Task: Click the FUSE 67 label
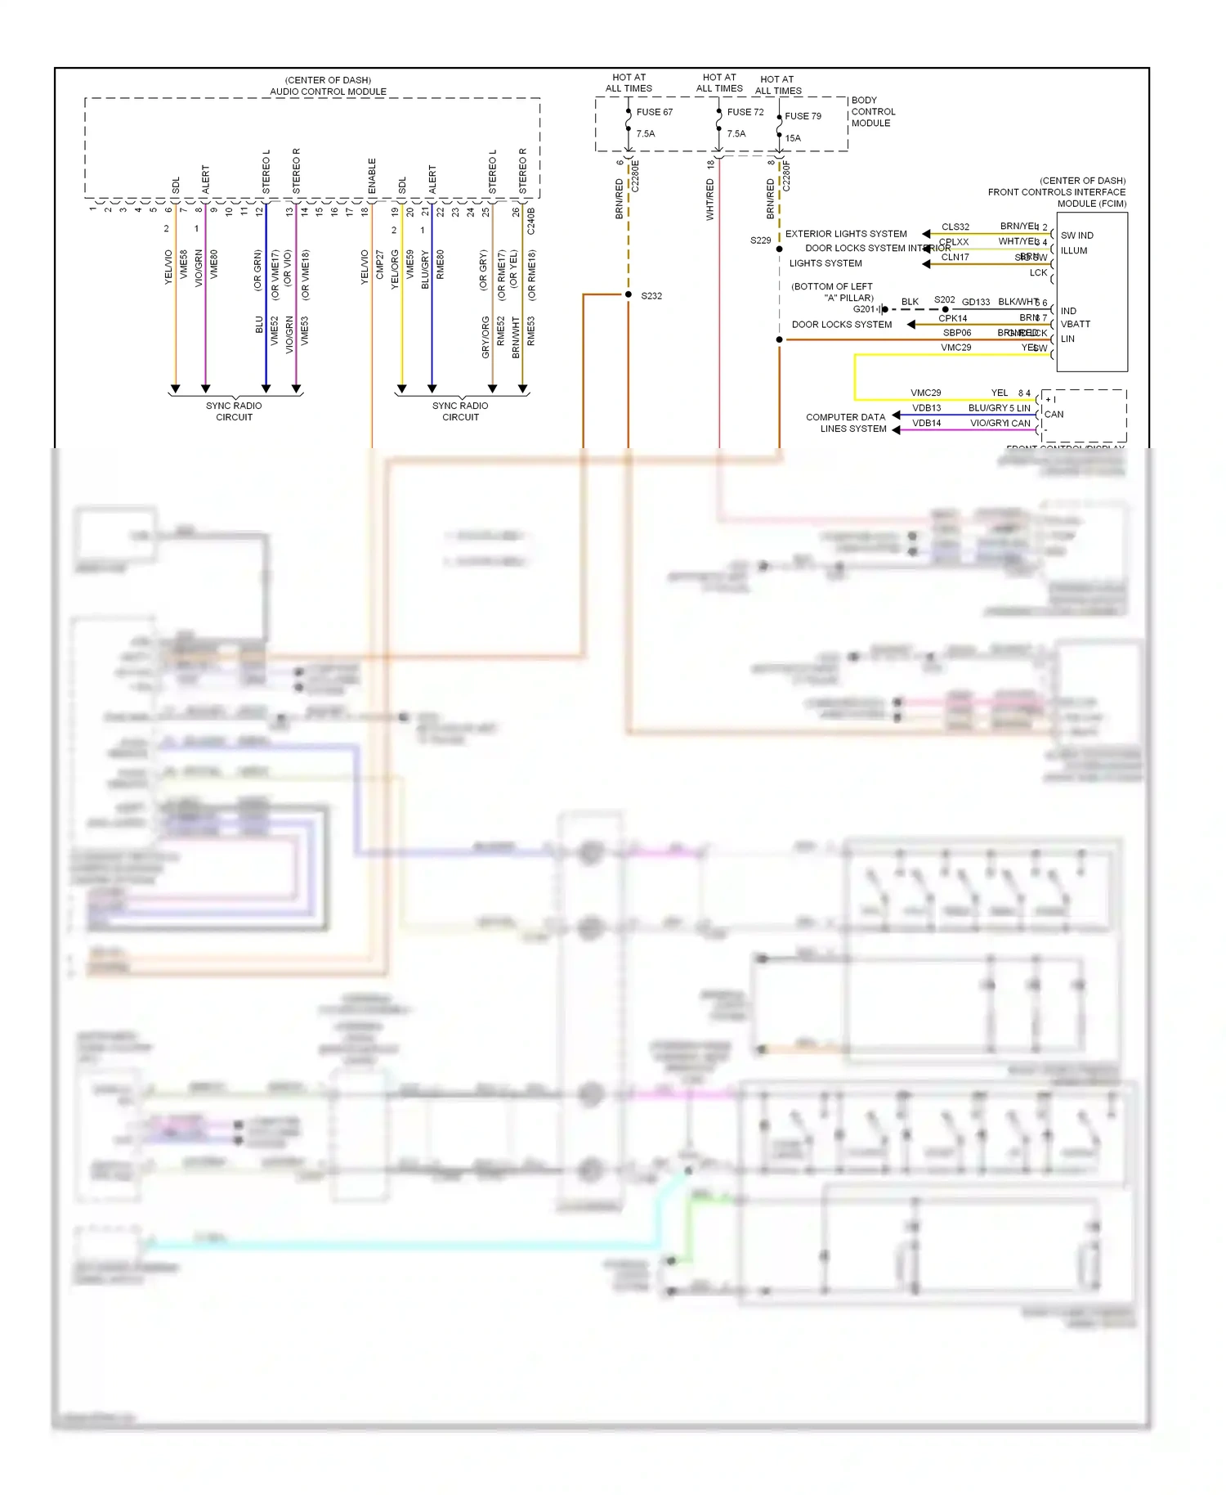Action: pos(654,112)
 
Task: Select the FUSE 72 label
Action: pos(745,112)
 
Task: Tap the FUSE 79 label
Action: pos(803,116)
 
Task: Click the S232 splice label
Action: pos(651,296)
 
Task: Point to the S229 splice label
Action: pos(760,240)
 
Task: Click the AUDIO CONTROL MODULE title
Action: pos(328,92)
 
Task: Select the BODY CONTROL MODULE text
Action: pos(873,112)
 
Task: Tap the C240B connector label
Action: pos(531,221)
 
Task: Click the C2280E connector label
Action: pos(635,176)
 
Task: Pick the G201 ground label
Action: pos(863,309)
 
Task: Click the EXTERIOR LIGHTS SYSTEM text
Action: pos(846,234)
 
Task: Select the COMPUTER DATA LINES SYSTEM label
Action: pos(846,423)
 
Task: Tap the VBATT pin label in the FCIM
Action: pos(1075,324)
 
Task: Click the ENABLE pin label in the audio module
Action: pos(372,176)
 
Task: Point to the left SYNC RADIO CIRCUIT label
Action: pos(234,411)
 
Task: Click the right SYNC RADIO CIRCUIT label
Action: pos(460,411)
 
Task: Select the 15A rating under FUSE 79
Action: pos(793,138)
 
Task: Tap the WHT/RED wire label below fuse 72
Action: pos(709,200)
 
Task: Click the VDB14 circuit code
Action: pos(926,423)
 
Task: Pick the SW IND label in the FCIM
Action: pos(1076,236)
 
